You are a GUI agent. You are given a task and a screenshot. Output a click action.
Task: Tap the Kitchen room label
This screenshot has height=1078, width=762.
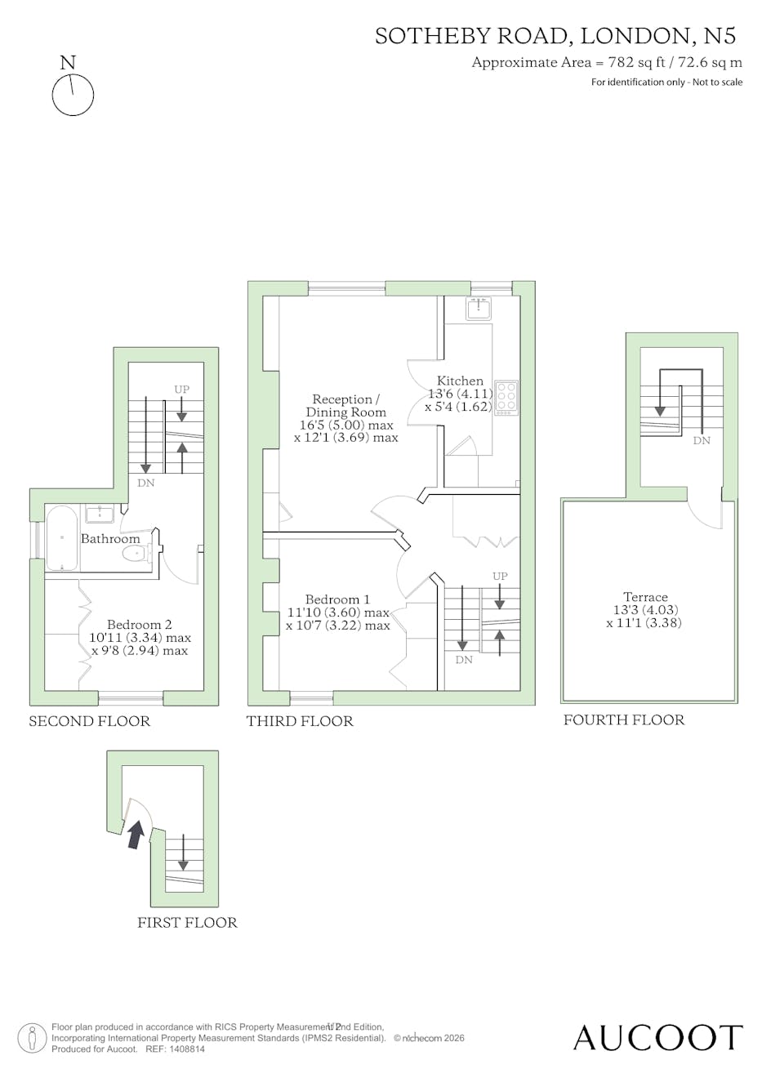tap(460, 381)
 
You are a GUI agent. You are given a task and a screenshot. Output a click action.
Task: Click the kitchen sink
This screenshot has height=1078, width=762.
tap(478, 308)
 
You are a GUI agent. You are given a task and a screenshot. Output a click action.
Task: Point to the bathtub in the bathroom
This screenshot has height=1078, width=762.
tap(62, 537)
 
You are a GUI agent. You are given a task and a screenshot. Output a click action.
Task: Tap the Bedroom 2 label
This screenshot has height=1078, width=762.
tap(139, 625)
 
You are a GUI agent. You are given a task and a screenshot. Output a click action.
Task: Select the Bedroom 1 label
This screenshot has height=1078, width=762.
tap(337, 599)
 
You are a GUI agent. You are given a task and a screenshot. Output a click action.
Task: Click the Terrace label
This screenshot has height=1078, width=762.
tap(645, 597)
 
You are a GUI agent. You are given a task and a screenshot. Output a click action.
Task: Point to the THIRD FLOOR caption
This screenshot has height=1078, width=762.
tap(300, 721)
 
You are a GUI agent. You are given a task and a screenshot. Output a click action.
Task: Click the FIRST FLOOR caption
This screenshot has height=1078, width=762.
tap(187, 923)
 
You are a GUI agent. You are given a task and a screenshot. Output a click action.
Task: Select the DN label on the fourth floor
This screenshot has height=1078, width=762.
tap(702, 440)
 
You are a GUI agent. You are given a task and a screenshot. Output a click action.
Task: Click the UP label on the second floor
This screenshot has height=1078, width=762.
tap(181, 390)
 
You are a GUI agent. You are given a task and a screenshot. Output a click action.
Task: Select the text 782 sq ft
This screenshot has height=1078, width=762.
tap(637, 63)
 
